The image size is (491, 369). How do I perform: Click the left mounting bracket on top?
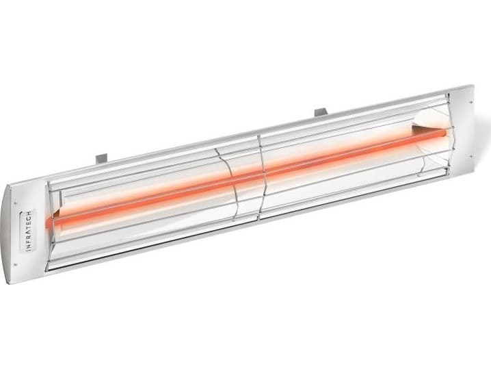[101, 159]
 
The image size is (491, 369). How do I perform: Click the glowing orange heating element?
[171, 196]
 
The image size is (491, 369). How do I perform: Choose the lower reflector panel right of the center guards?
[342, 185]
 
